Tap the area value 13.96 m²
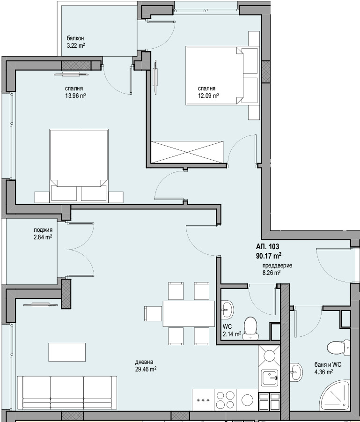tap(75, 95)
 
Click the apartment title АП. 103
tap(268, 247)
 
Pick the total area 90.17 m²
tap(269, 256)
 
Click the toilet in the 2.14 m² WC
tap(251, 326)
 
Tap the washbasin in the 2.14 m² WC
tap(228, 308)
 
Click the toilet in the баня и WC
tap(337, 348)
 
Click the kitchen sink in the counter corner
tap(270, 377)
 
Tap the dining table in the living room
tap(188, 313)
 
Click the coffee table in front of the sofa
tap(67, 351)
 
